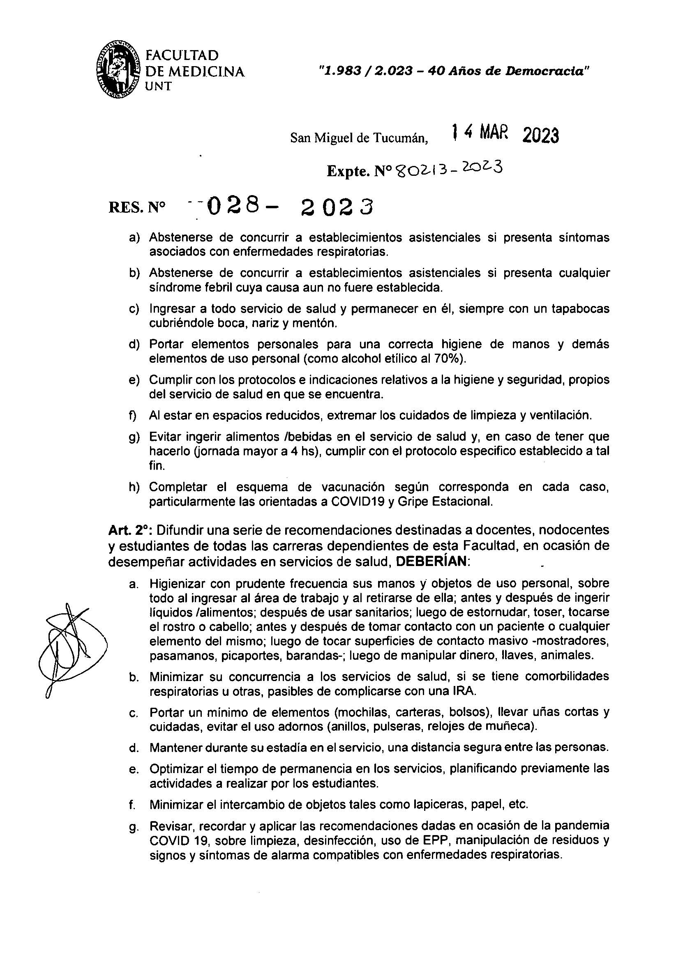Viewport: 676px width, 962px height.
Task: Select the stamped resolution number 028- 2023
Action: [x=289, y=207]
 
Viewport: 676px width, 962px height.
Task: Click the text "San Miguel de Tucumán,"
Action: [x=359, y=138]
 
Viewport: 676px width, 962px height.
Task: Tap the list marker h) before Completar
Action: [x=134, y=487]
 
